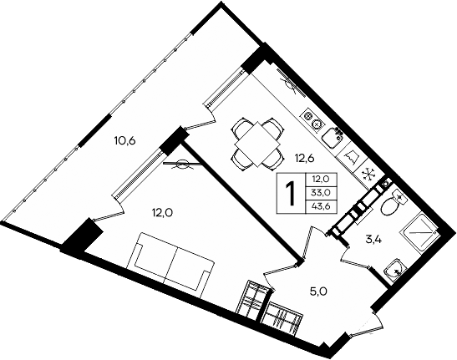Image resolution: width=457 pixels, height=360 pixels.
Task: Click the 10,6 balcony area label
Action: [x=124, y=140]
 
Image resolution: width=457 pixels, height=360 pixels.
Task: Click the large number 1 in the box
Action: [x=292, y=194]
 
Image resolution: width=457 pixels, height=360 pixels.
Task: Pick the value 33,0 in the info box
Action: [x=321, y=192]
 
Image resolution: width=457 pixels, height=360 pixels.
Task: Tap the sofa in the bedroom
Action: [x=170, y=261]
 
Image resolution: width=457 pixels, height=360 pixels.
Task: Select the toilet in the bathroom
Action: [x=394, y=203]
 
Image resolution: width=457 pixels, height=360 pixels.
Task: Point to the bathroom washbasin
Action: [x=394, y=269]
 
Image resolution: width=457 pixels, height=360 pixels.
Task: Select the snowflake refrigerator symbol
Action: [x=368, y=174]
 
